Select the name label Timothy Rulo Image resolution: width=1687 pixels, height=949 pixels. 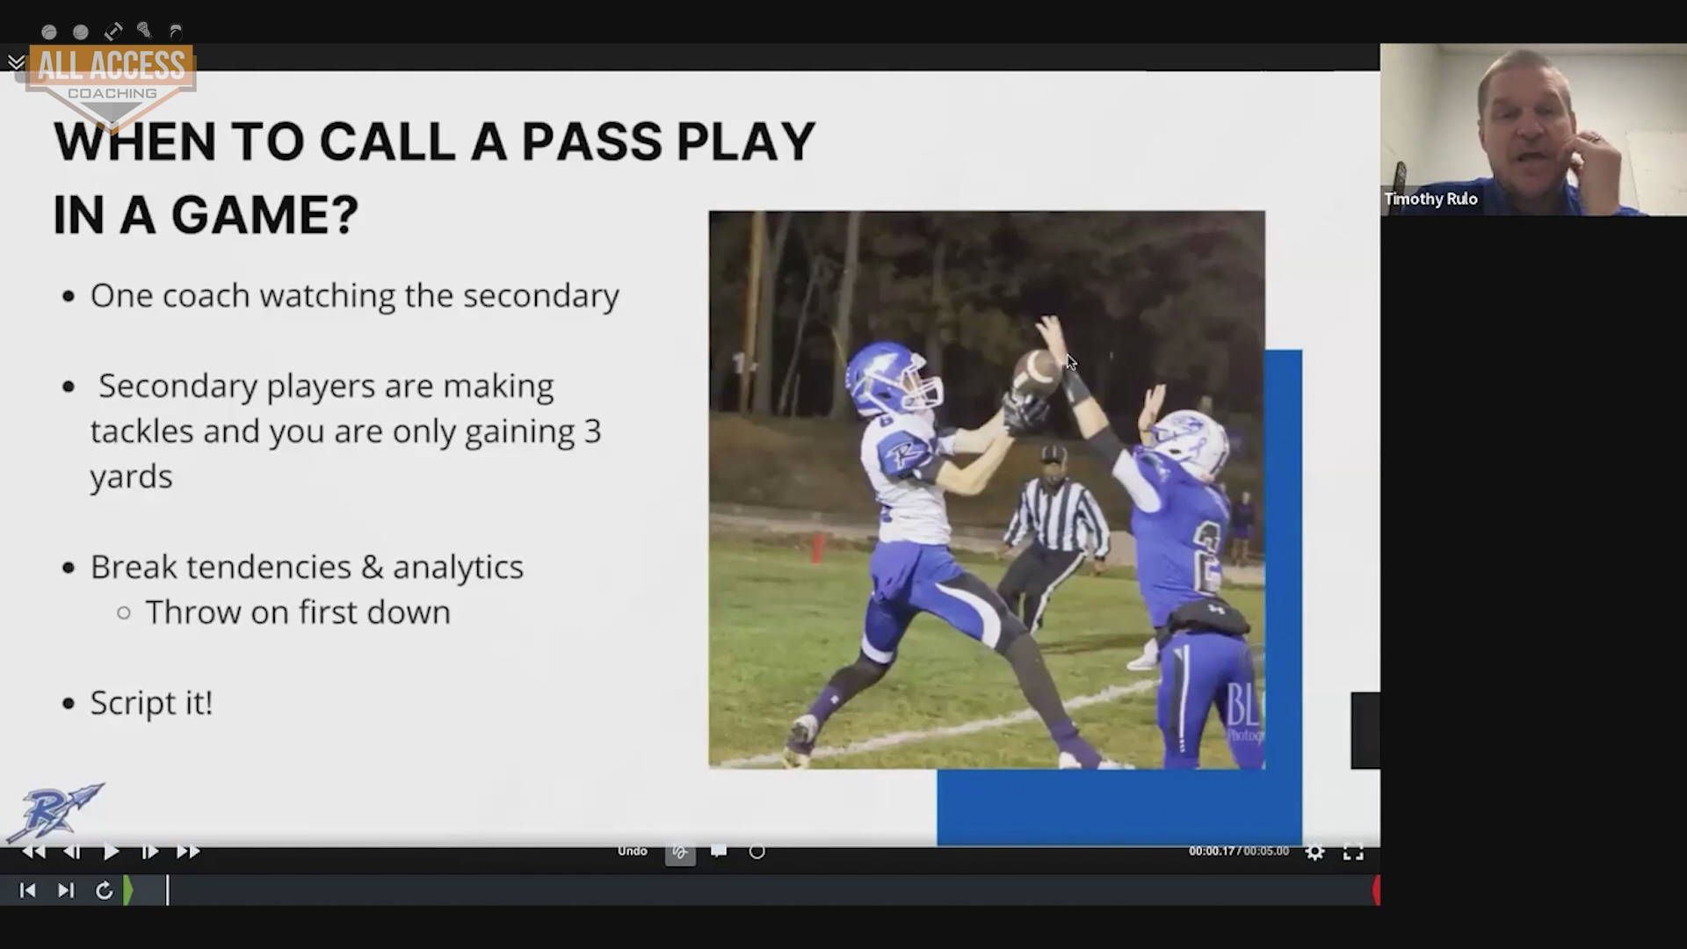click(x=1430, y=199)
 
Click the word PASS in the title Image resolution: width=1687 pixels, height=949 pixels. click(x=592, y=141)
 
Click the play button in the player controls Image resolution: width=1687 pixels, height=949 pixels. click(x=111, y=851)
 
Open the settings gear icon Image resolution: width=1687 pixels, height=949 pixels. click(x=1314, y=851)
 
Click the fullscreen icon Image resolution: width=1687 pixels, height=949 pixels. click(x=1353, y=851)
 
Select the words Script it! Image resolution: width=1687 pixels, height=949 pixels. click(x=151, y=703)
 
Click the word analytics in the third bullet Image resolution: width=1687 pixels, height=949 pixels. click(x=458, y=568)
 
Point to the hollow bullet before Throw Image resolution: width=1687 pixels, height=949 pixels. click(x=124, y=612)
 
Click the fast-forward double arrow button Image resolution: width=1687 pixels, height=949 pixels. click(x=188, y=851)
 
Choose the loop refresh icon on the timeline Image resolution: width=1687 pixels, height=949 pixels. click(x=104, y=891)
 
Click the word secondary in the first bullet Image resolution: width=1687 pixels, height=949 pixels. click(x=541, y=297)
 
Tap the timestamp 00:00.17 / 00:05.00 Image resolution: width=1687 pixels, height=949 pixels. click(x=1239, y=851)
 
